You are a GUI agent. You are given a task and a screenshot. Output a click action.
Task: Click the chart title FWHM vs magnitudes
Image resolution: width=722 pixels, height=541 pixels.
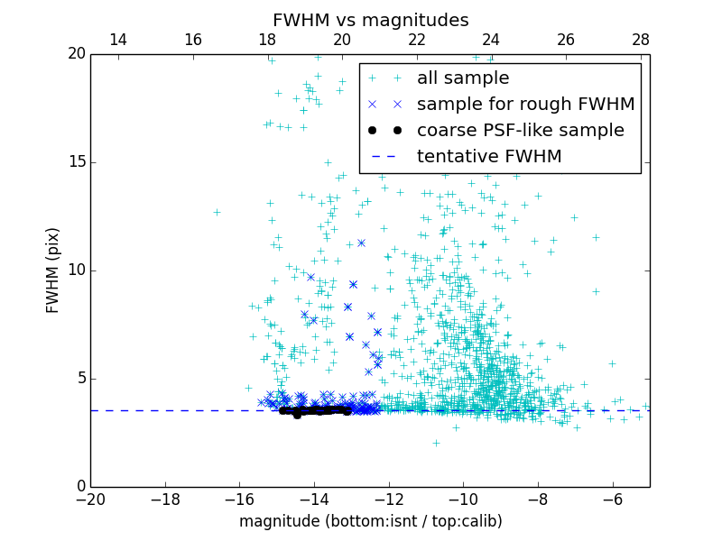370,20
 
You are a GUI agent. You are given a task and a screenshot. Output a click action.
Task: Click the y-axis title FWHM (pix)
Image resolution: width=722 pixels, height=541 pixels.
53,270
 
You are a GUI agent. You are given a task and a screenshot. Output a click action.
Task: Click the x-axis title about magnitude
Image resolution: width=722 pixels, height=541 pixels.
370,521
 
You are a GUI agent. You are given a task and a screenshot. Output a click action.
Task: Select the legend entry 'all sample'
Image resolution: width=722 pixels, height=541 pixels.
462,78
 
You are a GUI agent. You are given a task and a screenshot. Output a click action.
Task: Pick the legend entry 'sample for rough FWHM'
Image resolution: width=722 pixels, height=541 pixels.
525,105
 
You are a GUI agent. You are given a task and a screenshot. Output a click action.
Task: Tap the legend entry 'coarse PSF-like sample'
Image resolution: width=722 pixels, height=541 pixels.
520,131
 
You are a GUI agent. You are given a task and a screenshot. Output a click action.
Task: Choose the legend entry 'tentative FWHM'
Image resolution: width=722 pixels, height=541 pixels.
488,157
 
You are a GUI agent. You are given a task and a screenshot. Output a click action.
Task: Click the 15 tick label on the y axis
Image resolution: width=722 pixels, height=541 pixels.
76,162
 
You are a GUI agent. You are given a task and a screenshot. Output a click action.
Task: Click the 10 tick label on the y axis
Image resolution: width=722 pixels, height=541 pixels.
76,270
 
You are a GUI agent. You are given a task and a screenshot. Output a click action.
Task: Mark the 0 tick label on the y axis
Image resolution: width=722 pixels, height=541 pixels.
79,487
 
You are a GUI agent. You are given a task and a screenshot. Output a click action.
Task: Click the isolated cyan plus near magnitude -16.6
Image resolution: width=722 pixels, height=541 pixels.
217,212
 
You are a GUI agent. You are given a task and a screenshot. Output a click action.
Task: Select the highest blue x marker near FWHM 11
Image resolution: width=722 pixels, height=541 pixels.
361,243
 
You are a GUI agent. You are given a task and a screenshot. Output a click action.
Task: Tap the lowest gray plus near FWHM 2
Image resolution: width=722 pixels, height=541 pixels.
436,443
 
